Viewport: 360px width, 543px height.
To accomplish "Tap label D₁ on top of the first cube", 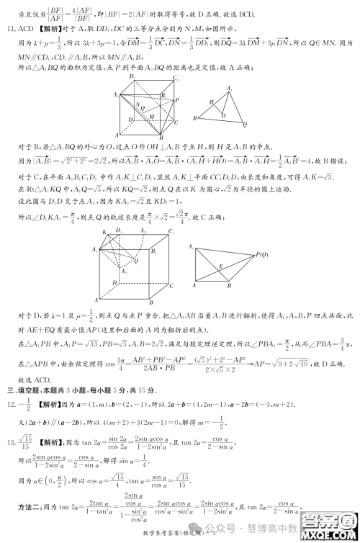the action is point(131,78).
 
